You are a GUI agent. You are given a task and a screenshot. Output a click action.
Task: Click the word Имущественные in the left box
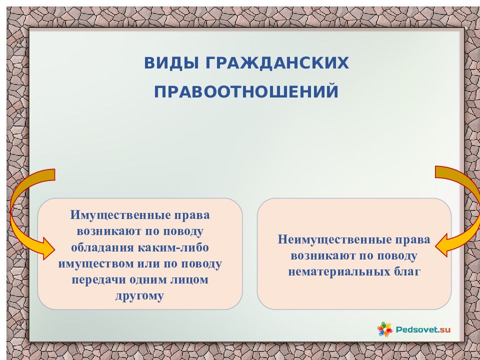coord(120,215)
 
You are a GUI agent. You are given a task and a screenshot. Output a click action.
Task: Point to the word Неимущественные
coord(334,239)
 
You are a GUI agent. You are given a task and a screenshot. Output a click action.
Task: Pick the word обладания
coord(102,247)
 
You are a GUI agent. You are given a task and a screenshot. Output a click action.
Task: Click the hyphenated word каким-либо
coord(173,247)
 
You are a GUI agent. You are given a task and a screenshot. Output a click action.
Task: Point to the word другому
coord(139,296)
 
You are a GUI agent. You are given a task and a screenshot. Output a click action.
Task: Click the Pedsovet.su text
coord(423,329)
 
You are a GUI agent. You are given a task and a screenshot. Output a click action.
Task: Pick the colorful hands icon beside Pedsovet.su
coord(384,329)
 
